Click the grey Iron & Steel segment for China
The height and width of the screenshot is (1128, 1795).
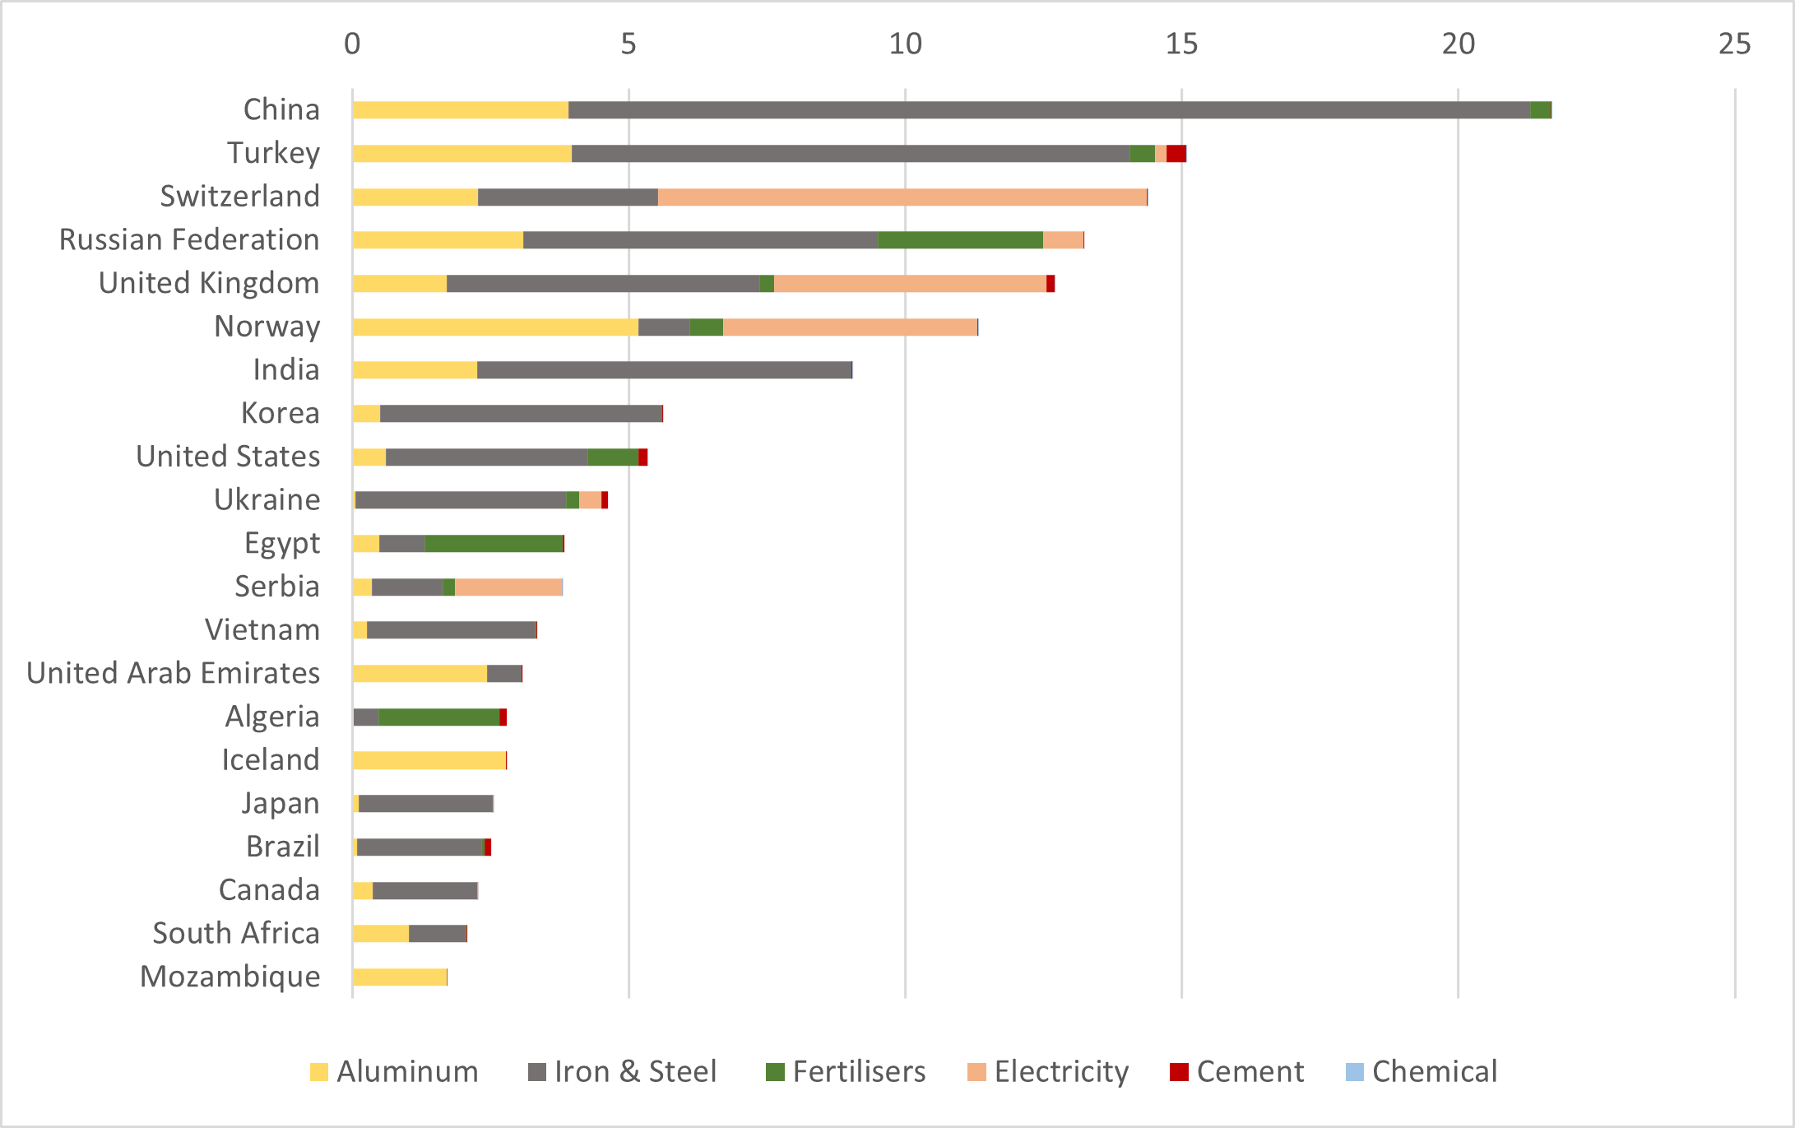[1049, 110]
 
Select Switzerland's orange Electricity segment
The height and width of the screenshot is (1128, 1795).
[902, 197]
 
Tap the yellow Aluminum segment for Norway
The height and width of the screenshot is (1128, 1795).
[495, 327]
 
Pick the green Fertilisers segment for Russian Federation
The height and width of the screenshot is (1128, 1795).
[960, 240]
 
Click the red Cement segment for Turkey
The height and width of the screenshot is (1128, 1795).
[1176, 154]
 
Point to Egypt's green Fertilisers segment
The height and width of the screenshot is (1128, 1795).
[494, 544]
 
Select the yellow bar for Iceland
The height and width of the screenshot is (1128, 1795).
[429, 760]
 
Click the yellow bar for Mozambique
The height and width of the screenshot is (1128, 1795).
[400, 977]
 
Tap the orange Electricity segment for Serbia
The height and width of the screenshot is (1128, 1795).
[508, 587]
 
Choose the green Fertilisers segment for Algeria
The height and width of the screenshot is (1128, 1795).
[438, 717]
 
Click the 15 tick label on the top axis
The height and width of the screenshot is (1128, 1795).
[1181, 44]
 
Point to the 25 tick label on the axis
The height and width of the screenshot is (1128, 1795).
[1734, 44]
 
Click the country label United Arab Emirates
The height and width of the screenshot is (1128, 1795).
[173, 673]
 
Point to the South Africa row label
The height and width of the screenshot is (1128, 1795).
[236, 933]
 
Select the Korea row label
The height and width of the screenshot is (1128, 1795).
[280, 413]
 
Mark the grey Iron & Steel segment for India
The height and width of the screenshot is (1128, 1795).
[664, 370]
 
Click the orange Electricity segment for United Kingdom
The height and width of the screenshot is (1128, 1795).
[910, 284]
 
